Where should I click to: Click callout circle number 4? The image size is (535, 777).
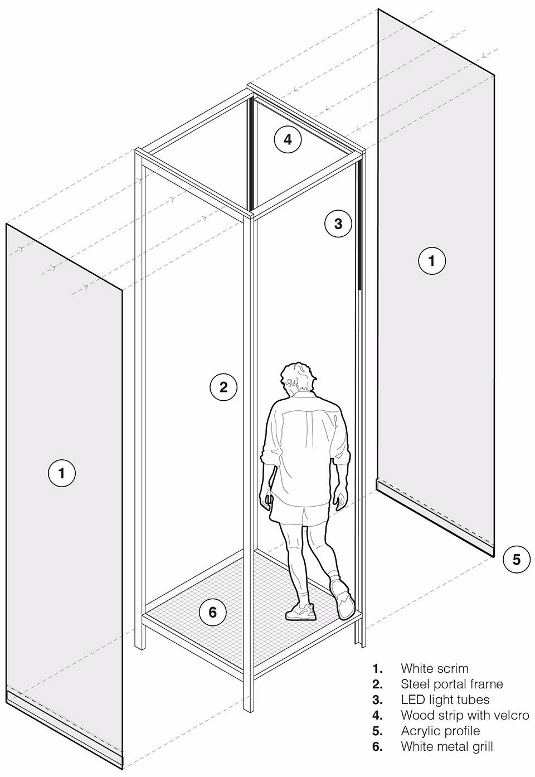[288, 139]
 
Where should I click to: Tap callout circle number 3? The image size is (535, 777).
[338, 224]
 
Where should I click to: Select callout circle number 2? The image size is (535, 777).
[223, 387]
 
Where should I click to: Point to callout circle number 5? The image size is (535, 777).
[516, 560]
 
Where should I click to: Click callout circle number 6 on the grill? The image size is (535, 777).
[212, 612]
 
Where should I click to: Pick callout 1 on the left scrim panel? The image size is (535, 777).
[62, 473]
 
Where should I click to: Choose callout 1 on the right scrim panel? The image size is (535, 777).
[432, 260]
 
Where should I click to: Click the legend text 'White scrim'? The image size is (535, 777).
[435, 668]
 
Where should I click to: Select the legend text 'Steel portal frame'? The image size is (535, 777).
[452, 684]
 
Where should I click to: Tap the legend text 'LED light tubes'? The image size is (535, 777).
[445, 700]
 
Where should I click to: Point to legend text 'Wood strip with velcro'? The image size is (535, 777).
[465, 715]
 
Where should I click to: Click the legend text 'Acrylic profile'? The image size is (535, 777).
[440, 731]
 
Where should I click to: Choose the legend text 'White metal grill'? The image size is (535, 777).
[446, 746]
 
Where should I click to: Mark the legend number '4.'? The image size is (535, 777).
[378, 716]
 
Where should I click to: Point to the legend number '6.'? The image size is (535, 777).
[378, 747]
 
